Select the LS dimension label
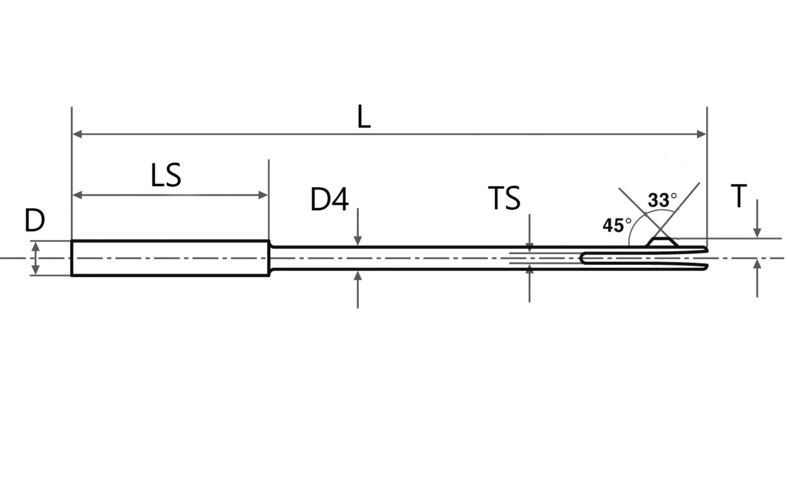coord(166,176)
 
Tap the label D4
coord(330,200)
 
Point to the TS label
coord(504,199)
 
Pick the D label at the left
coord(35,220)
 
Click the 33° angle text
coord(661,200)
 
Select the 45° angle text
coord(617,225)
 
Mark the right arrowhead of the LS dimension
coord(263,195)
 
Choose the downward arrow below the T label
coord(757,231)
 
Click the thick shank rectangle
coord(170,258)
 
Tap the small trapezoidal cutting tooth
coord(662,242)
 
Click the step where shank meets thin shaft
coord(270,258)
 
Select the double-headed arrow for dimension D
coord(36,258)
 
